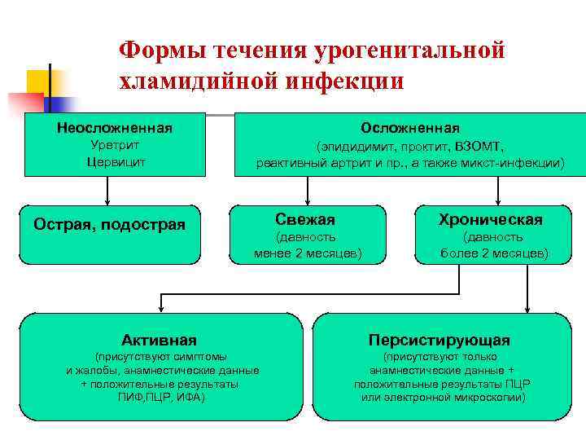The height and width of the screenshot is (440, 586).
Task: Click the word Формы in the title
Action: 160,50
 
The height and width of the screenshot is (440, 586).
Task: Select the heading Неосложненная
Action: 114,128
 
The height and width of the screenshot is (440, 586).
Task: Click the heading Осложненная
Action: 409,128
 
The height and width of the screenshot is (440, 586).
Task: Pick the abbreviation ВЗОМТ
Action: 479,147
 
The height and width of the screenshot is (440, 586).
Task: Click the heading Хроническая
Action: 491,219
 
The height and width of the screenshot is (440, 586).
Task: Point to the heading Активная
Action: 159,339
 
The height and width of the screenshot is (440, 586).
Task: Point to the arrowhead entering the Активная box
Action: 161,307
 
